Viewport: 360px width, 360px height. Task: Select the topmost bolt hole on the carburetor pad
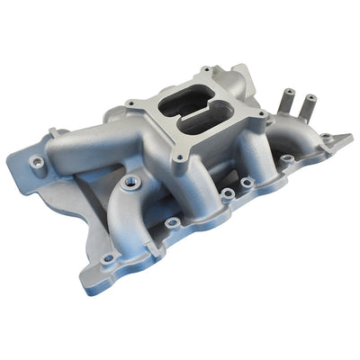point(205,70)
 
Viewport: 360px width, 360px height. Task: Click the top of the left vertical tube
point(292,92)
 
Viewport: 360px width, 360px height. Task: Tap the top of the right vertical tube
point(310,97)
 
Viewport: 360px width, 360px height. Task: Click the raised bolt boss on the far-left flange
point(37,163)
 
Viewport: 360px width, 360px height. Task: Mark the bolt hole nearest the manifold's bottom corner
point(108,258)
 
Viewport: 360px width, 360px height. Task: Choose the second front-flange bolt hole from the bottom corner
point(171,221)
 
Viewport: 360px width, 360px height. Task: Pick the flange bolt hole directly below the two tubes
point(287,159)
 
